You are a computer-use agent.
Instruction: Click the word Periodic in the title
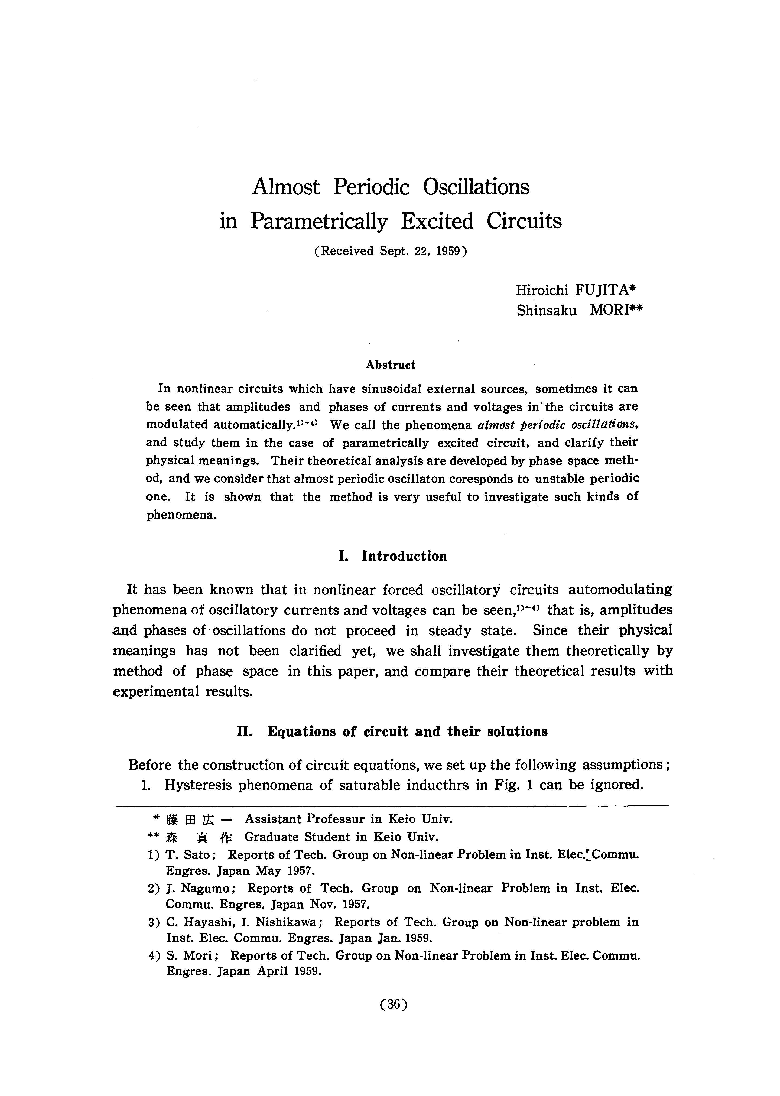point(371,187)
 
